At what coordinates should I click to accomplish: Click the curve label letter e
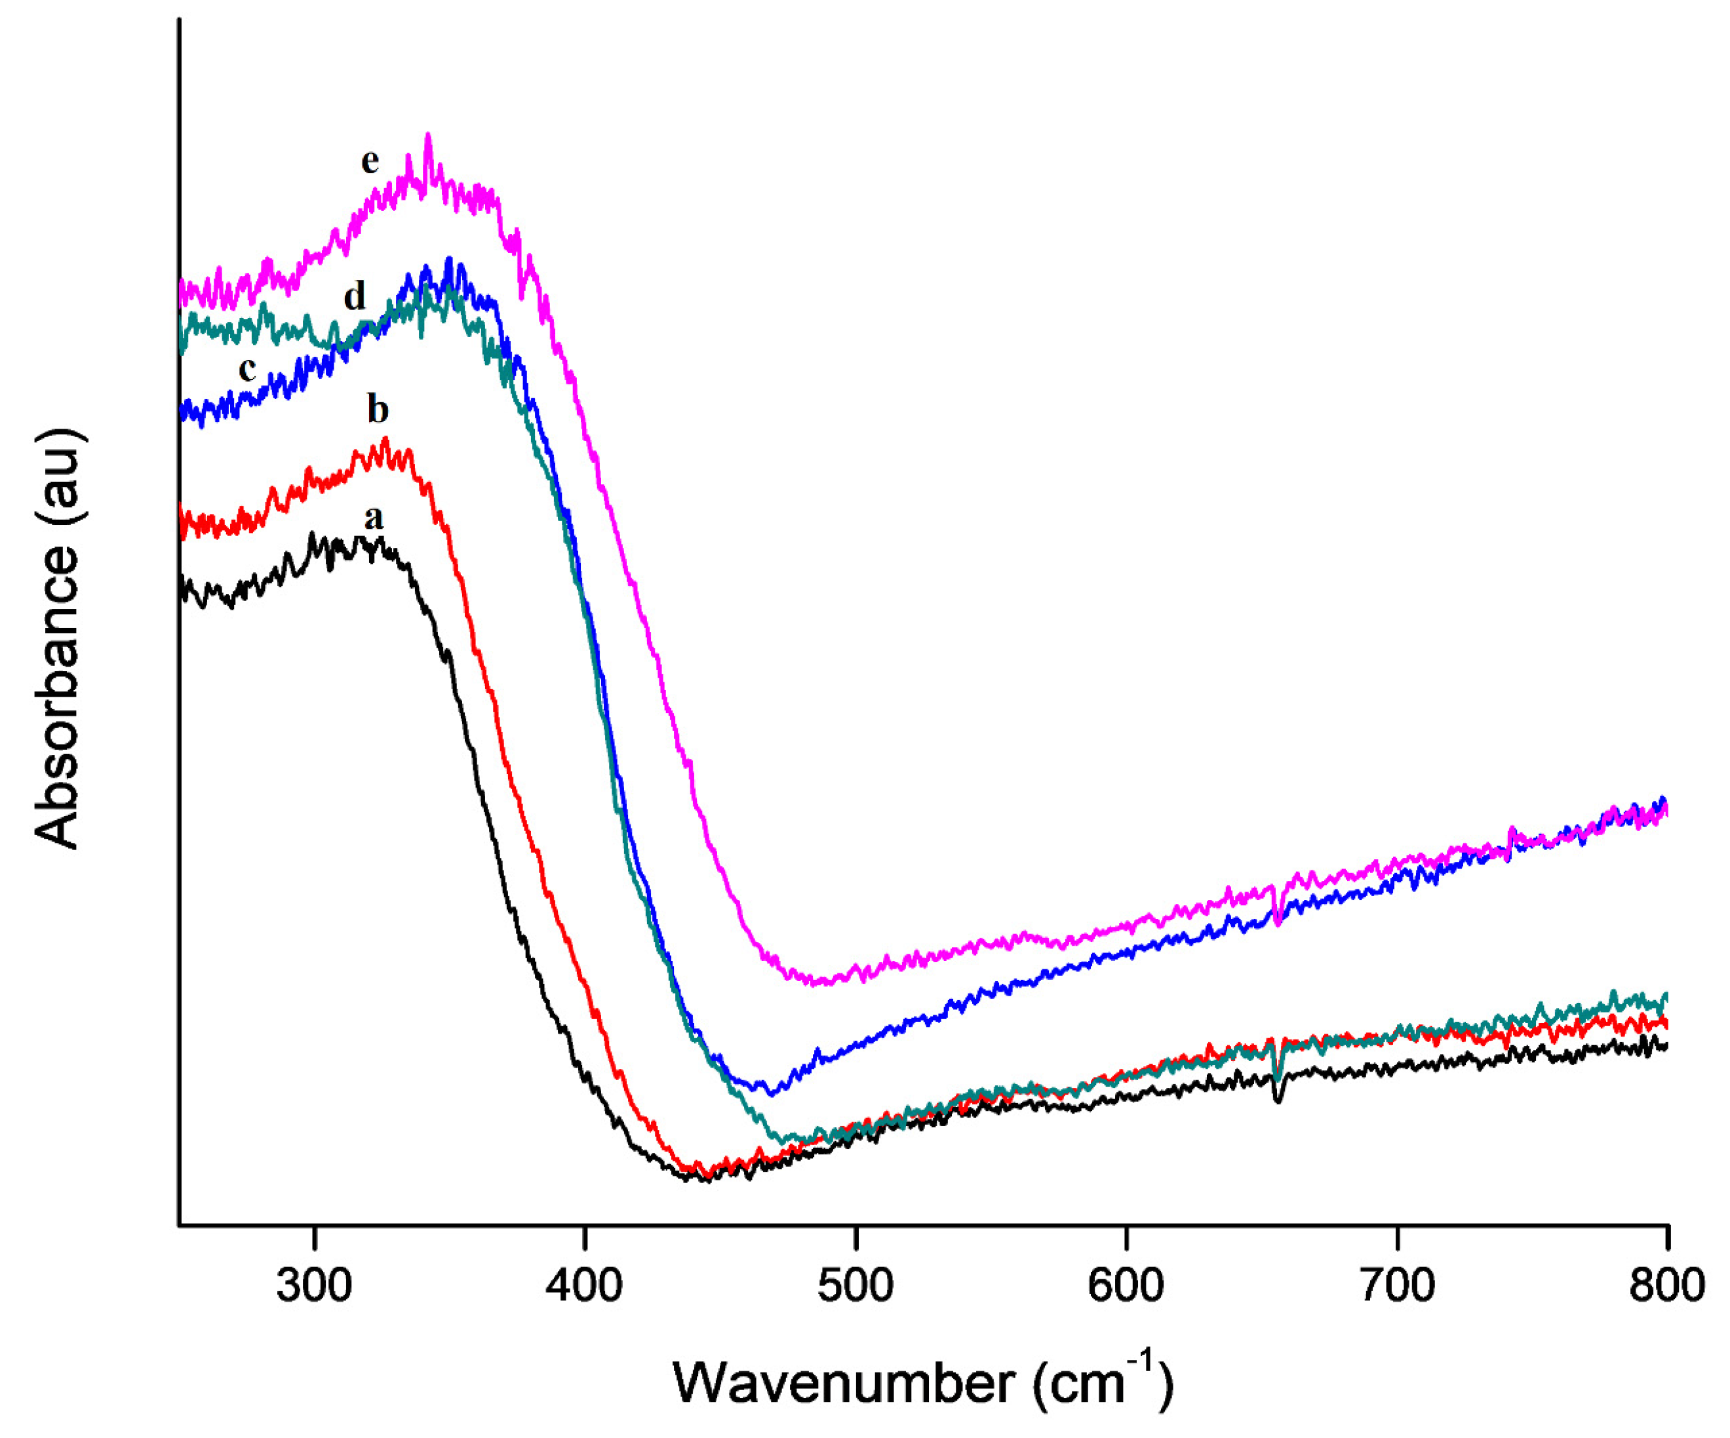click(x=370, y=161)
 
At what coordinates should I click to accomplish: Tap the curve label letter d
click(x=354, y=296)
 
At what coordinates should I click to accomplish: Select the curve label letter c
click(x=247, y=369)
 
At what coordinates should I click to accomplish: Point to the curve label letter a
click(x=373, y=518)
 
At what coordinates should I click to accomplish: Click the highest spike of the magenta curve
click(x=427, y=135)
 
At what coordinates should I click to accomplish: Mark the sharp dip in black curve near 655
click(x=1278, y=1100)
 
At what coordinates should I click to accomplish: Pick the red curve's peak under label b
click(x=385, y=440)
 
